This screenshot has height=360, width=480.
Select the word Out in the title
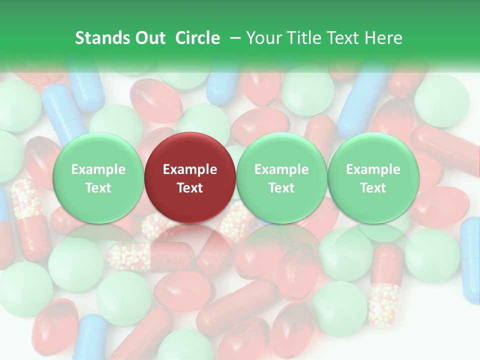click(x=149, y=38)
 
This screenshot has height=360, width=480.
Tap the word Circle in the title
click(x=197, y=38)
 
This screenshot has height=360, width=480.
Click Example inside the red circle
click(x=190, y=169)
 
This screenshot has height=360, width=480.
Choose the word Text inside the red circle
click(x=190, y=188)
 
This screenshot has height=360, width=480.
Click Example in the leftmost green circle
click(x=98, y=169)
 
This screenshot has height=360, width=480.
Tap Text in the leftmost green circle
click(x=98, y=188)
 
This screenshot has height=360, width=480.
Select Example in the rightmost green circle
click(x=373, y=169)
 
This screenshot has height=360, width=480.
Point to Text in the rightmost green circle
click(x=373, y=188)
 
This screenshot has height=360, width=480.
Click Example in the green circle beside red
click(x=281, y=169)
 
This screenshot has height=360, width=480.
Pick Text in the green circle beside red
click(x=281, y=188)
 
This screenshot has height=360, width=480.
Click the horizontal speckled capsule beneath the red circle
click(x=150, y=256)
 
